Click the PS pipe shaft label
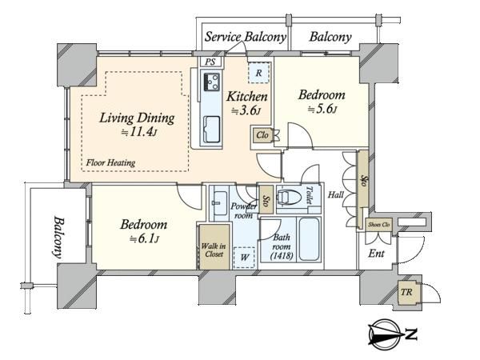[210, 62]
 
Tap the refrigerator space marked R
[259, 73]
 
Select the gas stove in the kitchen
[211, 82]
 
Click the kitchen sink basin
[211, 129]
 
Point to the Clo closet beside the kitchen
[262, 135]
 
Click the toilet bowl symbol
[289, 196]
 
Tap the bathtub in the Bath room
[310, 239]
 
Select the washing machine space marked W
[244, 257]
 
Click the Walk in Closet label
[214, 250]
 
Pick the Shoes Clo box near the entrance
[379, 225]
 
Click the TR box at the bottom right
[406, 292]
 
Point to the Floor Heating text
[110, 162]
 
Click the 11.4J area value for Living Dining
[139, 132]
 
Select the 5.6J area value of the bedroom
[322, 109]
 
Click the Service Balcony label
[246, 37]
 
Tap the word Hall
[336, 194]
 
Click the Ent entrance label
[376, 254]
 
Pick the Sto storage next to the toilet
[266, 200]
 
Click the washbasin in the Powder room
[219, 203]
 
